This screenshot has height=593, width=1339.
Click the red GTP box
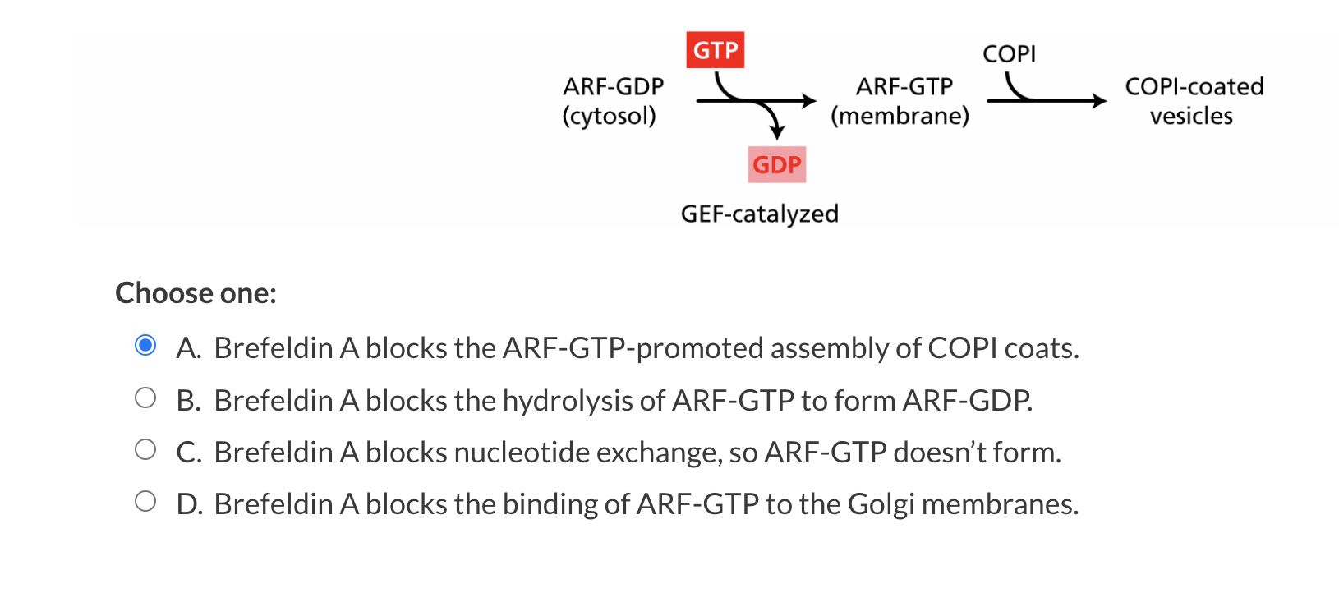point(715,50)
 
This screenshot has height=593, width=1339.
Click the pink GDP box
point(776,164)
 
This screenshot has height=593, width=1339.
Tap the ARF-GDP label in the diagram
point(613,86)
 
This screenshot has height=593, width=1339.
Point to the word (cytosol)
point(609,116)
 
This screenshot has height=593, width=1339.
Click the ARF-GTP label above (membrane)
point(904,86)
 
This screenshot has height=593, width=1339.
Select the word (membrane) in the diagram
point(900,116)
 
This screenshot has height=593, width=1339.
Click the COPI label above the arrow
point(1009,54)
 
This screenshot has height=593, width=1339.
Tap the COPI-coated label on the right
point(1194,86)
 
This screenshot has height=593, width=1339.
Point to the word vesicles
point(1191,116)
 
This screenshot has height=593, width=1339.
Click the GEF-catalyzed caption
point(759,214)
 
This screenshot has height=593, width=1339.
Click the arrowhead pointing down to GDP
point(776,133)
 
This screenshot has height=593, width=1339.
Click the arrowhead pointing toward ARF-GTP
point(809,101)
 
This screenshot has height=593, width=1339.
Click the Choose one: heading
point(196,293)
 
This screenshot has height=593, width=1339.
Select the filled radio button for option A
point(145,346)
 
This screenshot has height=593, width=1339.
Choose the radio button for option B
point(145,398)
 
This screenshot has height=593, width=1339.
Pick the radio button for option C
point(145,450)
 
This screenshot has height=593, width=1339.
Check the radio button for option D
point(145,502)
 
